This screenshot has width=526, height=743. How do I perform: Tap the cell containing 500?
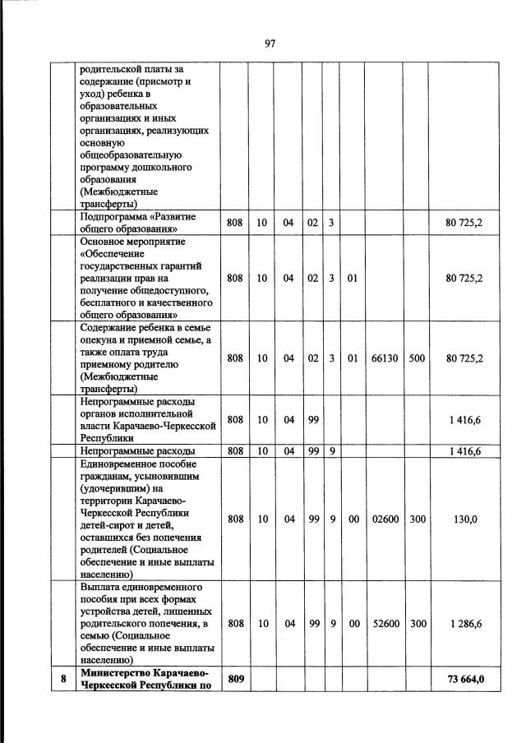[417, 358]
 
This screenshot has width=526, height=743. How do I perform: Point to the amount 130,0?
[464, 519]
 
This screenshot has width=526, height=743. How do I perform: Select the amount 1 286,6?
[464, 624]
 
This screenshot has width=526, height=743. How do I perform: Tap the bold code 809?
[235, 679]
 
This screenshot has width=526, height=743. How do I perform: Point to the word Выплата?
[101, 588]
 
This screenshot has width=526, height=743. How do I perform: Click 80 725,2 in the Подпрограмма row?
[464, 223]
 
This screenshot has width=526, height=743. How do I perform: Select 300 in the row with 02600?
[417, 519]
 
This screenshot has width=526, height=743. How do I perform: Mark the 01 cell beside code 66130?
[352, 358]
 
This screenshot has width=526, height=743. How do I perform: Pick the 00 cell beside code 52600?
[352, 624]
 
